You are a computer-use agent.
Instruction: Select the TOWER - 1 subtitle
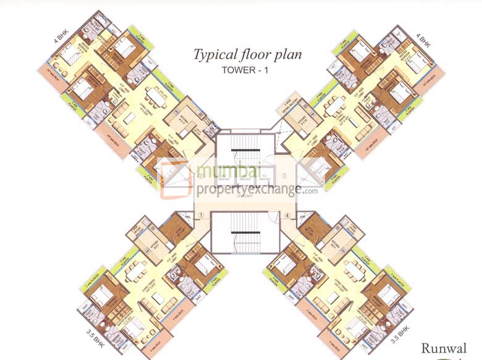click(247, 70)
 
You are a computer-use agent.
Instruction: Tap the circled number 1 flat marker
click(200, 216)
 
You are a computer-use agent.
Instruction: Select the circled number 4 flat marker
click(287, 216)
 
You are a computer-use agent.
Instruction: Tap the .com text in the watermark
click(310, 190)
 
